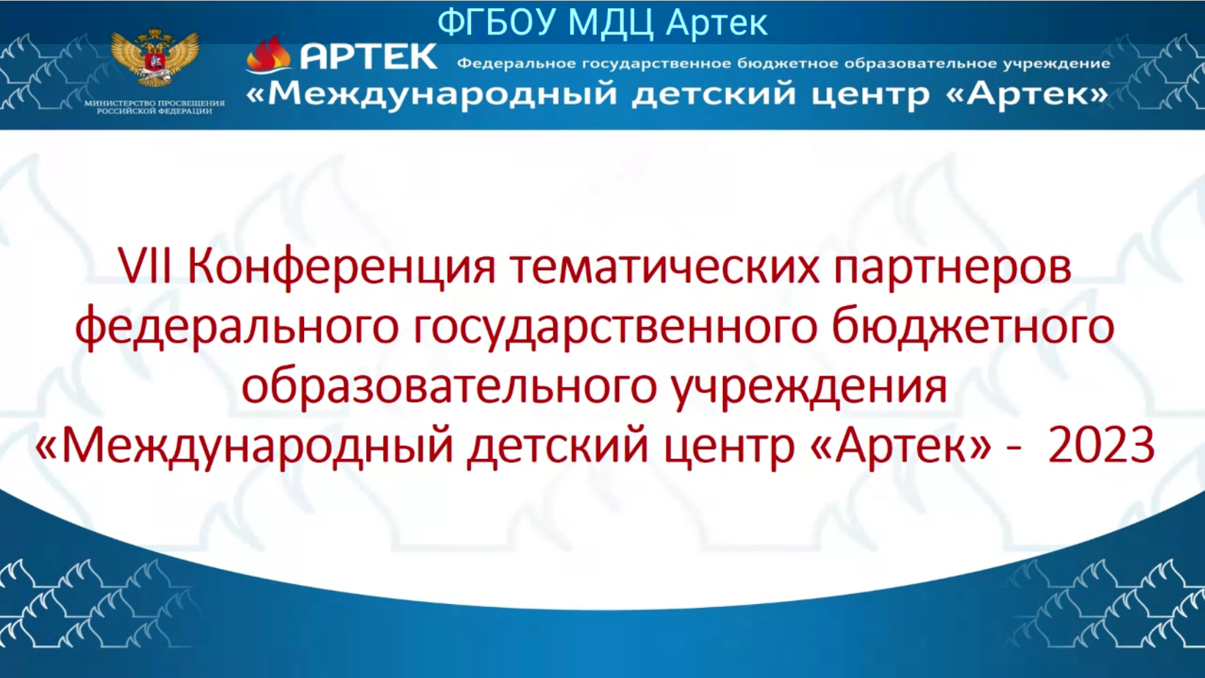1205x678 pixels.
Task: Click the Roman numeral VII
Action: tap(145, 266)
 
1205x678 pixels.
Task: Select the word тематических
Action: tap(665, 268)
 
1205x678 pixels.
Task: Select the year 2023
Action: tap(1101, 445)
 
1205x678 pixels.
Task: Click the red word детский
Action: tap(557, 447)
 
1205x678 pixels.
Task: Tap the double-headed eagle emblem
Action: tap(155, 58)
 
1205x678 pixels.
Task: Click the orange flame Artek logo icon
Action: tap(268, 54)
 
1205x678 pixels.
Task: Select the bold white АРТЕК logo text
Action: tap(368, 56)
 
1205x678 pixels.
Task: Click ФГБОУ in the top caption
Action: tap(497, 23)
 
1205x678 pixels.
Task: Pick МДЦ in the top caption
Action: tap(611, 23)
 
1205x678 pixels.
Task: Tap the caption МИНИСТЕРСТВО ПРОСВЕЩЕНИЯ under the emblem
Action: tap(155, 103)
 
